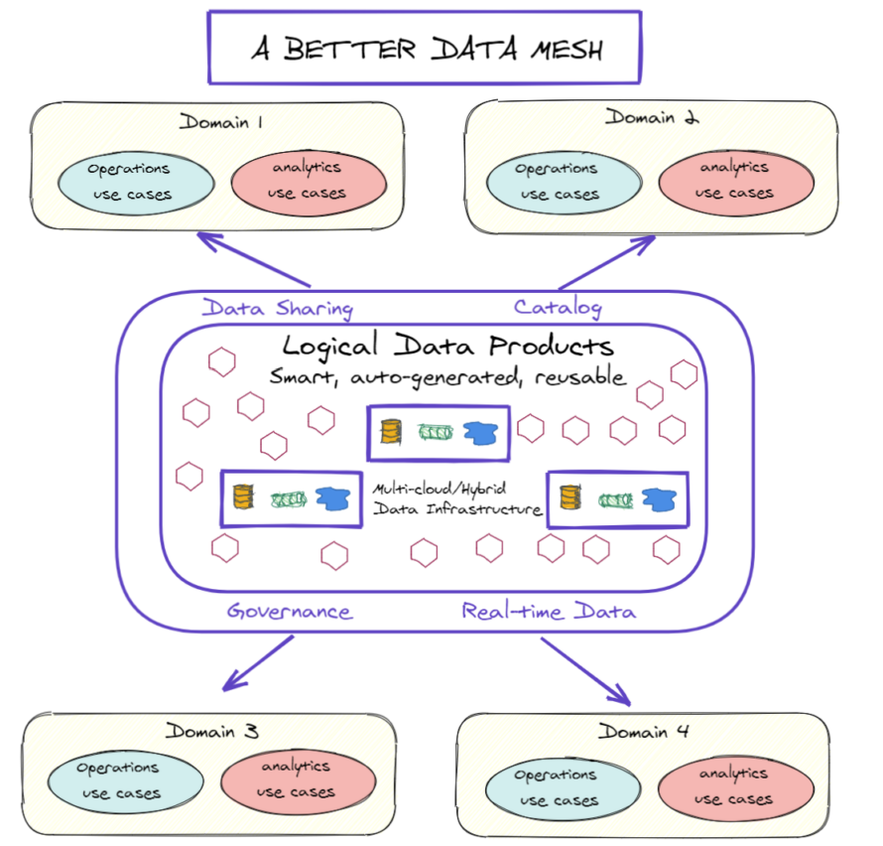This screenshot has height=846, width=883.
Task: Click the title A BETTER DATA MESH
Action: click(425, 48)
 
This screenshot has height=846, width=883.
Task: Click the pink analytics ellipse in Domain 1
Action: click(309, 181)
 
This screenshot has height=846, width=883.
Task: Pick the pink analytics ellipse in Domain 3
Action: click(297, 779)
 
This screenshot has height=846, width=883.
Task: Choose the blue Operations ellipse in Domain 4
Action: click(556, 787)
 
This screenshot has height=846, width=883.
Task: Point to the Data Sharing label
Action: click(277, 308)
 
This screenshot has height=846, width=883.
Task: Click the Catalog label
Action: click(557, 307)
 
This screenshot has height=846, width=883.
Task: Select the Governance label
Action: click(289, 611)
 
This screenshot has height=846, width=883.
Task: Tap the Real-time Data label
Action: click(548, 611)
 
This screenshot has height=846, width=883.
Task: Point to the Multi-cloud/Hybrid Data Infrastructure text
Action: click(457, 499)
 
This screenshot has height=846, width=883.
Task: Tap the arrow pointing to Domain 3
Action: click(257, 663)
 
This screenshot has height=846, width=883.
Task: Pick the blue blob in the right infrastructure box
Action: click(656, 498)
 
